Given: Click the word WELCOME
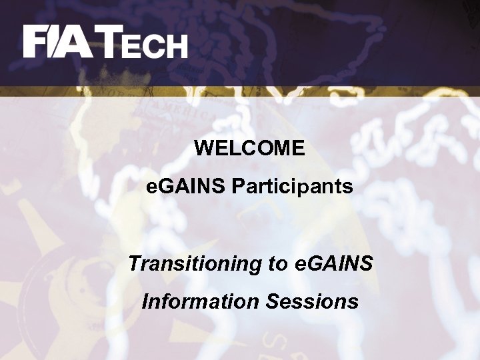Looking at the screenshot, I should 249,148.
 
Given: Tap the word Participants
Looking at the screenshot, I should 292,187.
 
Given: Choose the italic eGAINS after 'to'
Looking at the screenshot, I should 333,263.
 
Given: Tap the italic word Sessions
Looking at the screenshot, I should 312,301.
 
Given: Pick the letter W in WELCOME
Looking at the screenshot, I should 204,148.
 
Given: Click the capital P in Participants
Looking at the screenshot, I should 237,187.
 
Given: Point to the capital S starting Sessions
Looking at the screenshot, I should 272,301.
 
